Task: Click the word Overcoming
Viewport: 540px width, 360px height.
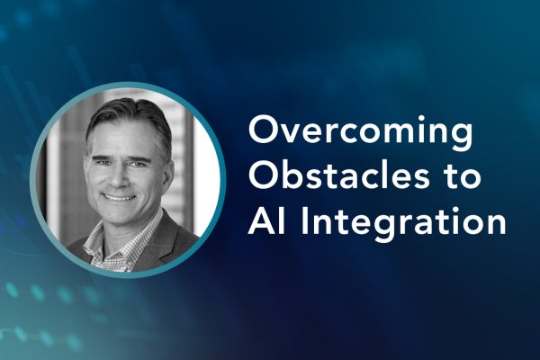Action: [360, 132]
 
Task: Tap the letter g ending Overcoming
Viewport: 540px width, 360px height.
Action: [461, 137]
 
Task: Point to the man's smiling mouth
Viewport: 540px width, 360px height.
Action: [119, 197]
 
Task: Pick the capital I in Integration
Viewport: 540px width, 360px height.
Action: [305, 220]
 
